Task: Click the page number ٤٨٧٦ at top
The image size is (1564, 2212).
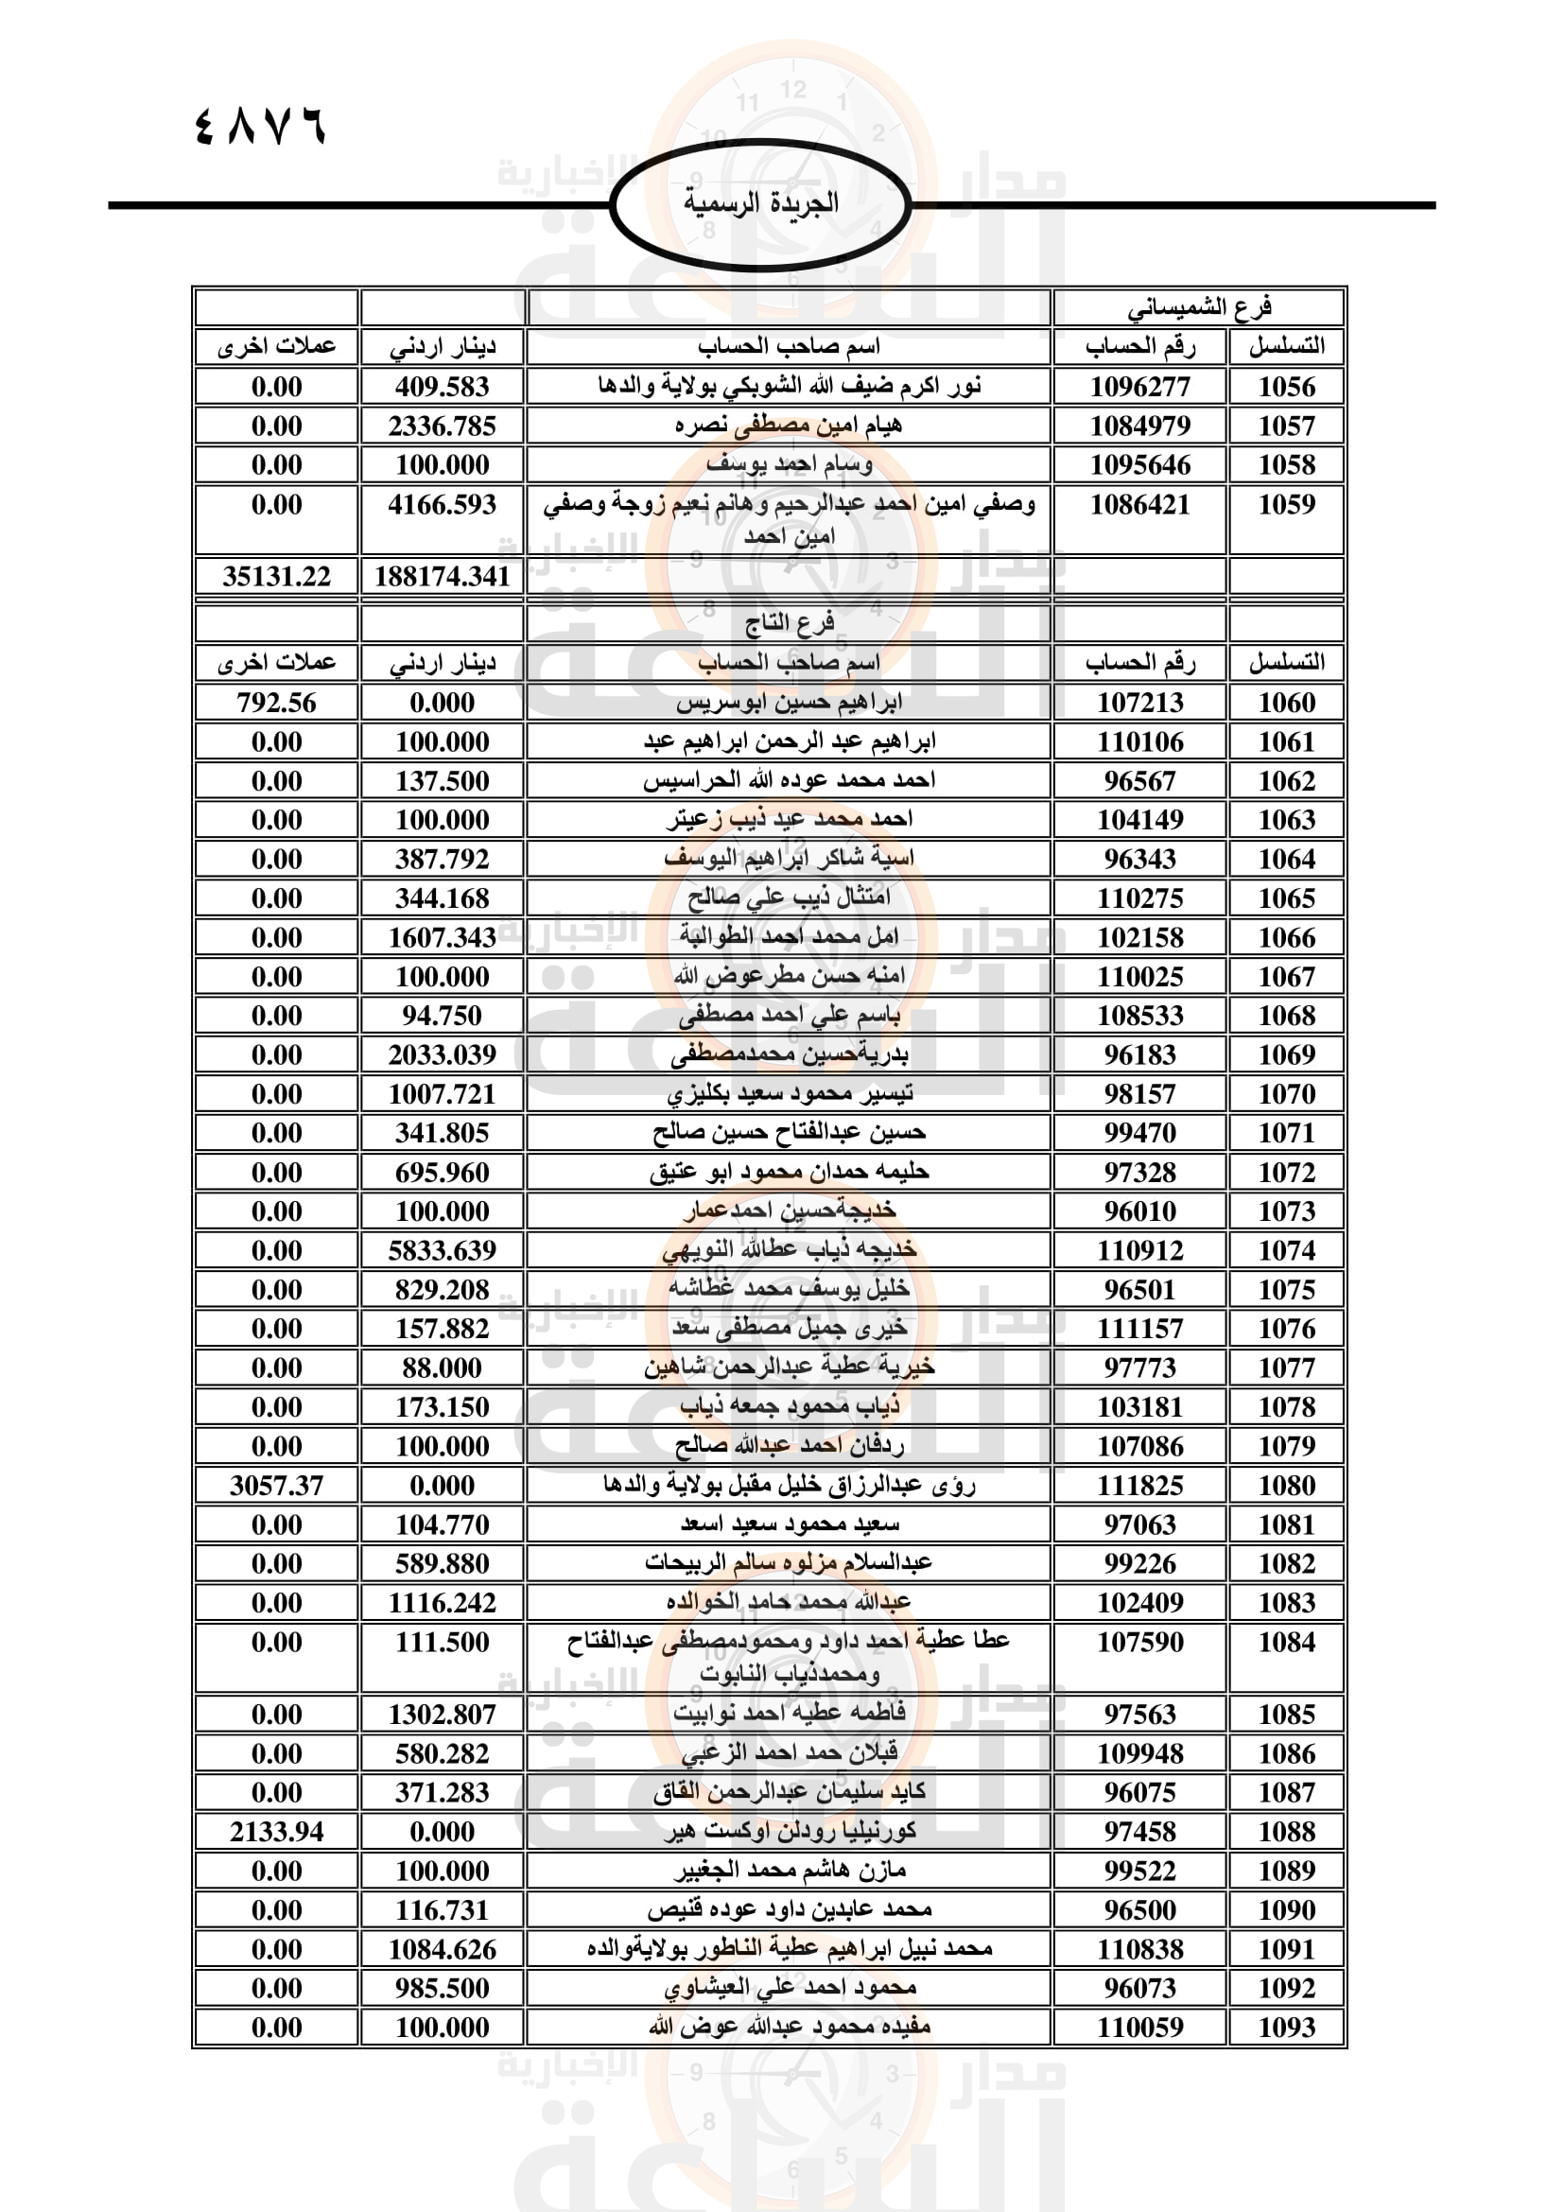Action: (260, 126)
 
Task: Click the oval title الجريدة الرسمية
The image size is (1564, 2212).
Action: (761, 203)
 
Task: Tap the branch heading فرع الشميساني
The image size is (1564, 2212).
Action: (1199, 307)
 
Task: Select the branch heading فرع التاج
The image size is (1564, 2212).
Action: (789, 623)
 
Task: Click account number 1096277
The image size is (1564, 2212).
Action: (1139, 387)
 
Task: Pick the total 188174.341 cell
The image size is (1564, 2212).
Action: (442, 576)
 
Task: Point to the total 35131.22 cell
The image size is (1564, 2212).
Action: (276, 576)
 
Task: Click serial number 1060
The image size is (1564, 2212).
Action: (1286, 703)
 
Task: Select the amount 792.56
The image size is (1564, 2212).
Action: (276, 703)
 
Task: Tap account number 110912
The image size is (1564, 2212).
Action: (1139, 1250)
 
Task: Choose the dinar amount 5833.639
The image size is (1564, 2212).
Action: (442, 1250)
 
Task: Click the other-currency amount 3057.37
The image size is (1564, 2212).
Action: (276, 1486)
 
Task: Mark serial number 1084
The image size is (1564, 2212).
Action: (1286, 1642)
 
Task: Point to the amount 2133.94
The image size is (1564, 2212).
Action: (276, 1832)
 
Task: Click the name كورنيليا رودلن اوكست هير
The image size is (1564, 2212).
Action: (789, 1831)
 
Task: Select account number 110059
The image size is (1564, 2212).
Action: (1139, 2027)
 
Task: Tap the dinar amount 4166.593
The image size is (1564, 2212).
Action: (442, 504)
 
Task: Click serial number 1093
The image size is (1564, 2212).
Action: (1286, 2027)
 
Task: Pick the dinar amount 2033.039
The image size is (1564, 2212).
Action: (442, 1055)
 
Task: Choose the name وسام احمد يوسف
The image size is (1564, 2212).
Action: (789, 464)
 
